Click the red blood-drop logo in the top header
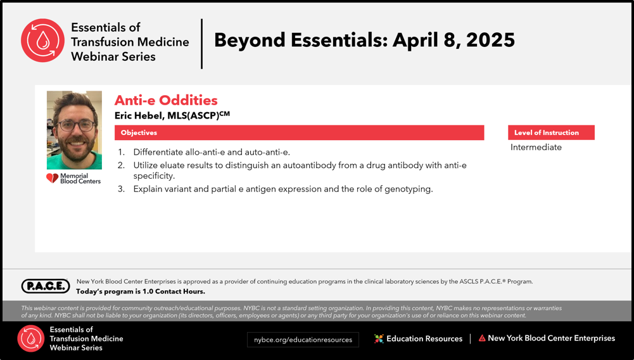(x=43, y=41)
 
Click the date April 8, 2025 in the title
(x=453, y=40)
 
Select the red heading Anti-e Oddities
(x=166, y=100)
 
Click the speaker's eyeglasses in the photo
(x=75, y=125)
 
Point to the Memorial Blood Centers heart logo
(x=52, y=178)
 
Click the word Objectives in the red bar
(x=139, y=132)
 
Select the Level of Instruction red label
(x=551, y=132)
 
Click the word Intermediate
(x=536, y=147)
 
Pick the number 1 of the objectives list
(x=121, y=152)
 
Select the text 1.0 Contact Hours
(x=174, y=292)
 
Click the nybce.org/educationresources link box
(x=303, y=340)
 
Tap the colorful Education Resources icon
(x=379, y=338)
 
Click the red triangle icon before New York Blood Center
(x=482, y=338)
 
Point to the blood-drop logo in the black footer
(x=31, y=338)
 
